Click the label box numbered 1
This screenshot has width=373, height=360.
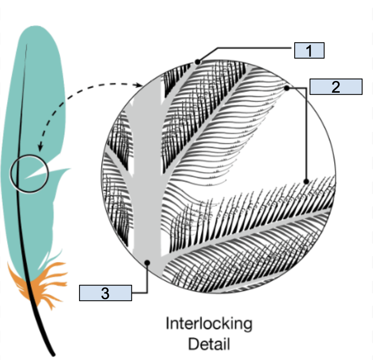coord(309,50)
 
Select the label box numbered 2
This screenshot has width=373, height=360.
coord(336,87)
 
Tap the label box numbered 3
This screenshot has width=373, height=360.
coord(105,293)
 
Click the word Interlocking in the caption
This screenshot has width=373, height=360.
coord(209,324)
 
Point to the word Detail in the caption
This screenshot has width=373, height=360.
coord(209,344)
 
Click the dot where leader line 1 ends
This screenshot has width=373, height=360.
coord(197,62)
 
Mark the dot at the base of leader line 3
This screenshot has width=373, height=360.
coord(147,263)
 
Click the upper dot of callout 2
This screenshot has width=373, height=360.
coord(287,88)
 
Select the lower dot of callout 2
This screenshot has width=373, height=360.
coord(306,182)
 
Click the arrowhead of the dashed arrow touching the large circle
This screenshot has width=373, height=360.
coord(140,85)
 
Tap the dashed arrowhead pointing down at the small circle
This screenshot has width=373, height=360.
coord(40,148)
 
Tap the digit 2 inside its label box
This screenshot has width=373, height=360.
coord(336,87)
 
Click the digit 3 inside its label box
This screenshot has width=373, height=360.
coord(105,293)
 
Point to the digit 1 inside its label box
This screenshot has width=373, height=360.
coord(309,51)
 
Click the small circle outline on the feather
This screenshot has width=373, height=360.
coord(11,173)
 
